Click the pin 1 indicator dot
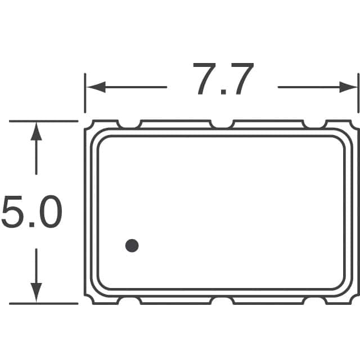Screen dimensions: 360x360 (132, 245)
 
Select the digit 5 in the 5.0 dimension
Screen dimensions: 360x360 (14, 213)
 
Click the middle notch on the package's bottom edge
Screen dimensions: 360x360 (222, 300)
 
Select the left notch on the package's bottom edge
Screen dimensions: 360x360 (129, 300)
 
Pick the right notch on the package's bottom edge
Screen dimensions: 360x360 (314, 300)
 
